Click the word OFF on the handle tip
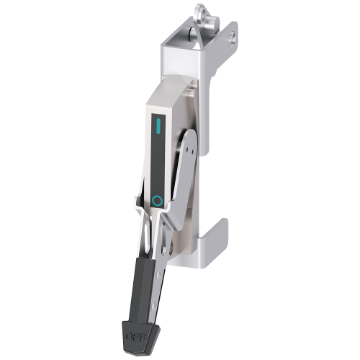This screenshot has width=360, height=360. pos(134,336)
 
